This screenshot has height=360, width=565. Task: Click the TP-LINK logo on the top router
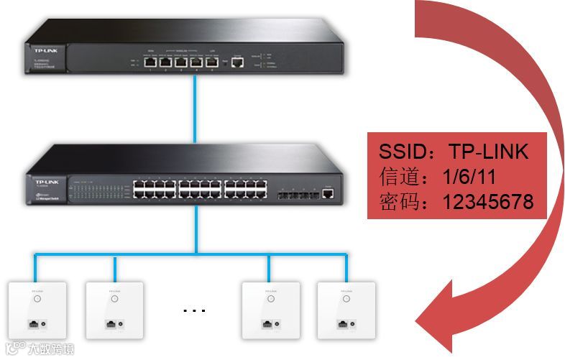coord(41,50)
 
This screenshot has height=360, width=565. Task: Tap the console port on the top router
coord(239,63)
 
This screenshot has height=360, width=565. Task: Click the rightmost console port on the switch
coord(328,192)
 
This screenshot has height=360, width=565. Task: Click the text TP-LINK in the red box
coord(489,152)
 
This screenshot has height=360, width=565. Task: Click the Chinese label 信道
coord(395,177)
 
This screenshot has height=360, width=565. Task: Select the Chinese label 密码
coord(395,202)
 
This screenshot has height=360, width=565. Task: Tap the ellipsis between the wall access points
coord(194,310)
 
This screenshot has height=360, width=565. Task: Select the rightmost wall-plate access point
coord(346,310)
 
